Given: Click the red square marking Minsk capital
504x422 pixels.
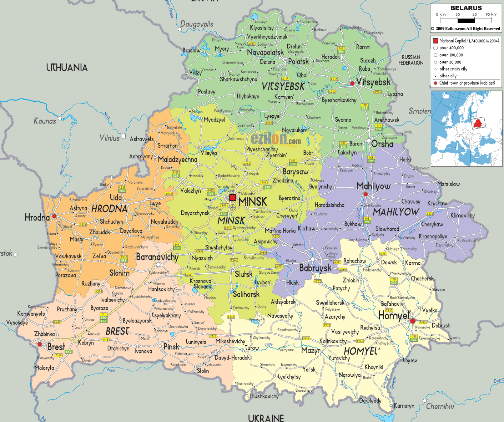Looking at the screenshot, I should [x=233, y=198].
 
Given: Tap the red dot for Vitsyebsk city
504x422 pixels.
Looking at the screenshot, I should [x=352, y=83].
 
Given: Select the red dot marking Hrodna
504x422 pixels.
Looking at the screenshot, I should [x=54, y=216].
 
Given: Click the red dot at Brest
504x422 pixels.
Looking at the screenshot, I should [x=40, y=344].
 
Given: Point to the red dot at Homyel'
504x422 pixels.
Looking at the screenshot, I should [x=413, y=321].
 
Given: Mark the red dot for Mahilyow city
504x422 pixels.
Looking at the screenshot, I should [x=366, y=194].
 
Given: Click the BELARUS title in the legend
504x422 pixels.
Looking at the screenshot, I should [x=466, y=8].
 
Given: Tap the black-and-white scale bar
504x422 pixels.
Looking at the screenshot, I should [x=466, y=21].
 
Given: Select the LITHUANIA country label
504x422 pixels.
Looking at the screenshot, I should [x=67, y=67].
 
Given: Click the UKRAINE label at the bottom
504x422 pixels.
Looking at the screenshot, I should [x=266, y=418].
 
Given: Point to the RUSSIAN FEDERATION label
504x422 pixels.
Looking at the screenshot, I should [x=411, y=60].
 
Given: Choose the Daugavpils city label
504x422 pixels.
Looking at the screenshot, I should [x=197, y=24].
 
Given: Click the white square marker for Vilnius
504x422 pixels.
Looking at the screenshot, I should [x=123, y=136].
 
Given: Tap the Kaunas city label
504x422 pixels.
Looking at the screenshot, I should [x=45, y=121].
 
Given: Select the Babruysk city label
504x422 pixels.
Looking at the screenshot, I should [x=315, y=268].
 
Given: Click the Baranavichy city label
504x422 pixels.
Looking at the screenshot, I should [x=157, y=257].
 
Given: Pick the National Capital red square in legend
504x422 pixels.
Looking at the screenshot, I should [x=435, y=41].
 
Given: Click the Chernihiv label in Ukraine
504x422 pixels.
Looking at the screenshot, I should [x=440, y=406].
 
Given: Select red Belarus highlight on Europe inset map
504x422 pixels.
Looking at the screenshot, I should [x=478, y=124].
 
